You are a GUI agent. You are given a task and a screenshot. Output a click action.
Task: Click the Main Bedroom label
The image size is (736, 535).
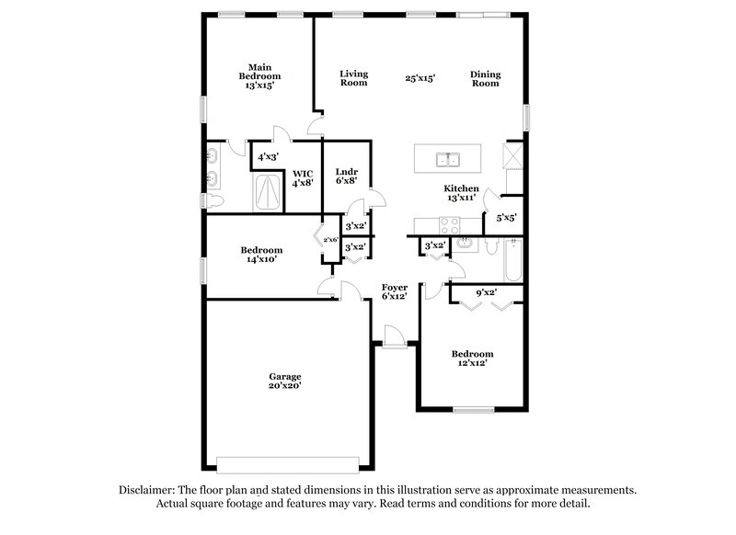pyautogui.click(x=259, y=76)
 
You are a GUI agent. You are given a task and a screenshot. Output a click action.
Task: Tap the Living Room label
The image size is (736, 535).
pyautogui.click(x=353, y=78)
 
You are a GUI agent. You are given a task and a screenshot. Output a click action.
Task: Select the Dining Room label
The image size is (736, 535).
pyautogui.click(x=485, y=78)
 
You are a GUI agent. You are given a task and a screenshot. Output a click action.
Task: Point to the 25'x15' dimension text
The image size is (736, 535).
pyautogui.click(x=420, y=79)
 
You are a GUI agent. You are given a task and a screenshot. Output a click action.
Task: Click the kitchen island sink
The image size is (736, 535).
pyautogui.click(x=448, y=160)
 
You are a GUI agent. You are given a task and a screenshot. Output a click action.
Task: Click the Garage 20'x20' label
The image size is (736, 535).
pyautogui.click(x=285, y=381)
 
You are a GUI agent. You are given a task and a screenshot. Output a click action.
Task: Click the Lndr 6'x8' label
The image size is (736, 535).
pyautogui.click(x=347, y=176)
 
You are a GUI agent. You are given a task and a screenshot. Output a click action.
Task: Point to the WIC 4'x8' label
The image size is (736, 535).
pyautogui.click(x=303, y=177)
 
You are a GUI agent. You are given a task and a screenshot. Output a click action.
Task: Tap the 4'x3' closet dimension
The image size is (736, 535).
pyautogui.click(x=269, y=157)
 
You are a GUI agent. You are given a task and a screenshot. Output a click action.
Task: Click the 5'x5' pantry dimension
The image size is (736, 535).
pyautogui.click(x=506, y=219)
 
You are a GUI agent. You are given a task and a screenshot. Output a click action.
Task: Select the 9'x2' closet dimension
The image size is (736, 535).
pyautogui.click(x=486, y=293)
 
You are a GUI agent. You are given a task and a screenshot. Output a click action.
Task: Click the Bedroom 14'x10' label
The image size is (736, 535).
pyautogui.click(x=261, y=255)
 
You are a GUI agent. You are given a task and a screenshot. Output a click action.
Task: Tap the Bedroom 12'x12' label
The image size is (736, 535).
pyautogui.click(x=471, y=359)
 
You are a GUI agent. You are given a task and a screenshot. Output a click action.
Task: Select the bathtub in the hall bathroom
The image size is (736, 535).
pyautogui.click(x=513, y=259)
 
